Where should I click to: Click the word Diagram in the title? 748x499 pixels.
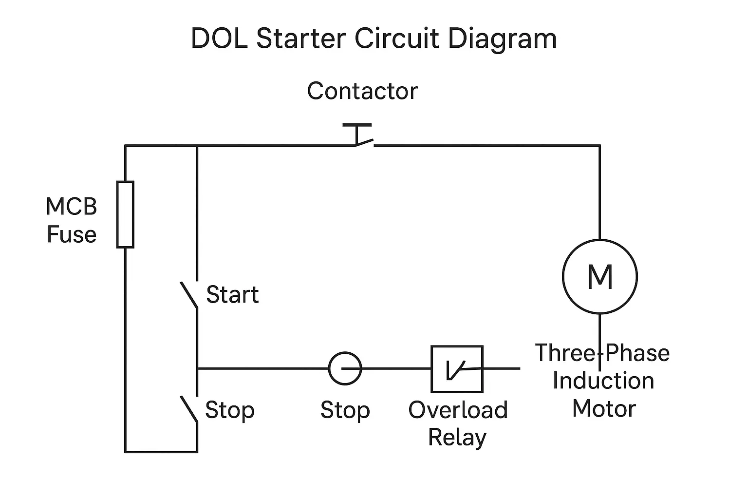click(x=502, y=39)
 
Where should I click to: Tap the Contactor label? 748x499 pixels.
click(x=362, y=91)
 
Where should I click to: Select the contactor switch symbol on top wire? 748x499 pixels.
click(x=360, y=138)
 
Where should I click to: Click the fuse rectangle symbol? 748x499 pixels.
click(x=125, y=214)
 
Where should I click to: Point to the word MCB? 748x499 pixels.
click(x=72, y=207)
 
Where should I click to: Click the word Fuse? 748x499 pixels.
click(x=72, y=234)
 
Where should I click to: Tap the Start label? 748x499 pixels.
click(x=232, y=295)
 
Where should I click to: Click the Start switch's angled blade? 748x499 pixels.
click(x=189, y=295)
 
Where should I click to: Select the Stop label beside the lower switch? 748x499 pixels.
click(x=229, y=410)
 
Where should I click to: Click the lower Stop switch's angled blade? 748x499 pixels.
click(x=189, y=409)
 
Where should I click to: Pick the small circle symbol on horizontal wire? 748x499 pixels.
click(x=345, y=368)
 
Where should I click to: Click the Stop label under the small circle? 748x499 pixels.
click(x=345, y=410)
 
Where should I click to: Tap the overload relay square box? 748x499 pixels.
click(x=457, y=369)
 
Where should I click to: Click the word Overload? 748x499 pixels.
click(x=458, y=410)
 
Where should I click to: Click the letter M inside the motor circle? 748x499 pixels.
click(x=600, y=276)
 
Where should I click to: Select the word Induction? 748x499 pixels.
click(x=603, y=381)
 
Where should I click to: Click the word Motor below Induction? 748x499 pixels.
click(x=604, y=408)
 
